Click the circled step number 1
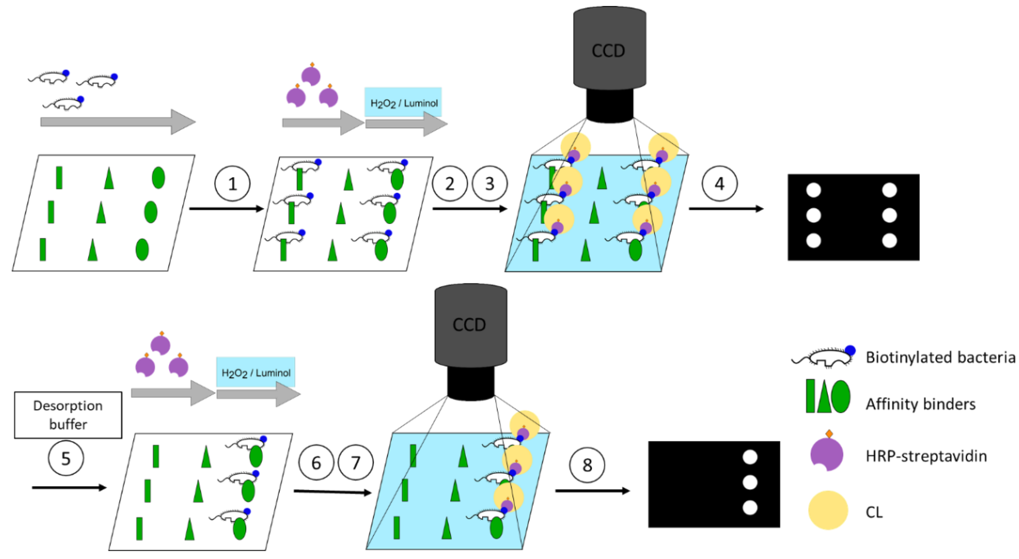(x=232, y=184)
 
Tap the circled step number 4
(x=719, y=184)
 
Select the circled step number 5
(x=66, y=458)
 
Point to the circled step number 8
(x=587, y=465)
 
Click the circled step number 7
(x=356, y=463)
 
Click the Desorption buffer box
(x=68, y=415)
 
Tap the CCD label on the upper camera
(x=608, y=51)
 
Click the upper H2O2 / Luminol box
(x=403, y=103)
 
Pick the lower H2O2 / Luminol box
(x=255, y=372)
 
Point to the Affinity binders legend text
(x=920, y=404)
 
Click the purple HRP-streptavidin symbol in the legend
(x=827, y=455)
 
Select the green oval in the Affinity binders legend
(x=841, y=397)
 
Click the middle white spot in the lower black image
(x=750, y=482)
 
